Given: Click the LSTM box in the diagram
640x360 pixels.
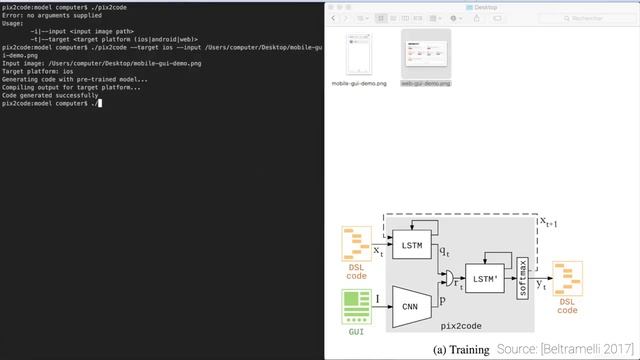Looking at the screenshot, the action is [x=411, y=243].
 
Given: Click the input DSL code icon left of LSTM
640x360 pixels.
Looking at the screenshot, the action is [x=355, y=243].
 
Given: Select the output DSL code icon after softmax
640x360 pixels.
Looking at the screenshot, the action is [x=567, y=278].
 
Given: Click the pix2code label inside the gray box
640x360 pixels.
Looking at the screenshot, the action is [x=461, y=325].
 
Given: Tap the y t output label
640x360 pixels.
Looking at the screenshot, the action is [x=541, y=285].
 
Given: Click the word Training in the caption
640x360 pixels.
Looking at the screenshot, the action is [x=464, y=349].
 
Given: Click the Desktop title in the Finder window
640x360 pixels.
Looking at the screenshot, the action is [x=482, y=6].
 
